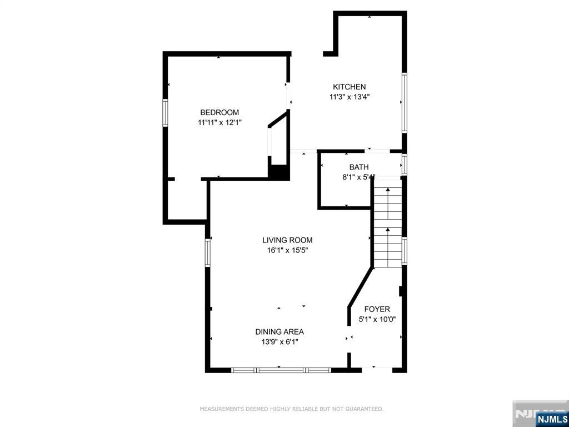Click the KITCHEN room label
point(350,87)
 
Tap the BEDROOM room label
point(219,112)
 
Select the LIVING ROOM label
point(287,240)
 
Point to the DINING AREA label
point(279,331)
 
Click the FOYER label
point(377,309)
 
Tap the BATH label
point(359,167)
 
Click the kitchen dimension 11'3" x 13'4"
point(350,97)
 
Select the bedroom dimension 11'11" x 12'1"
point(219,123)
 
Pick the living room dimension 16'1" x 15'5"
point(287,250)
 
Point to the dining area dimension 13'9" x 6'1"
point(279,342)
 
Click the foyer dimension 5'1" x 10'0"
point(377,320)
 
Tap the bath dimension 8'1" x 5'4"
point(359,177)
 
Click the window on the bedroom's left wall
point(165,113)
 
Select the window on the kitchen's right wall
point(405,103)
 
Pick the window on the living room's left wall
point(208,253)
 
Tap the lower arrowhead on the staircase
point(388,229)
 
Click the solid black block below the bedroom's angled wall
point(279,172)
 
